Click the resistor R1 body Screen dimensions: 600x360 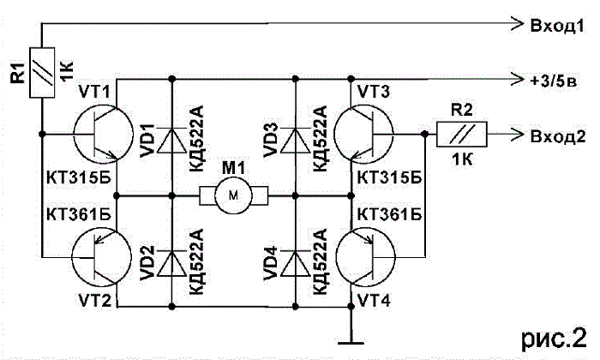point(42,72)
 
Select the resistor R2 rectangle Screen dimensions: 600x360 point(462,135)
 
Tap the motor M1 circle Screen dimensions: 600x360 point(233,195)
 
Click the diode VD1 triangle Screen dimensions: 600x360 point(171,141)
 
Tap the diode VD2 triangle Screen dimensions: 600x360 point(171,264)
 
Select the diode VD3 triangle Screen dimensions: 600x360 point(295,141)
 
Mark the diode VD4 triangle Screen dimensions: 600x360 point(295,264)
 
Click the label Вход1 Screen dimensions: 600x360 point(557,25)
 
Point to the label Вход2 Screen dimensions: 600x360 point(558,136)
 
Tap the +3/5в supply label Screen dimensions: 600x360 point(554,81)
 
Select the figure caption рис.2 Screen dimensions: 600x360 point(554,339)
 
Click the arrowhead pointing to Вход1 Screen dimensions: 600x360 point(517,24)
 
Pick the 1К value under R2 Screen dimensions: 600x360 point(462,159)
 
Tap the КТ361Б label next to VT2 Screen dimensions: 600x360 point(79,214)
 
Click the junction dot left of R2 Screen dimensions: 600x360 point(424,134)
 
